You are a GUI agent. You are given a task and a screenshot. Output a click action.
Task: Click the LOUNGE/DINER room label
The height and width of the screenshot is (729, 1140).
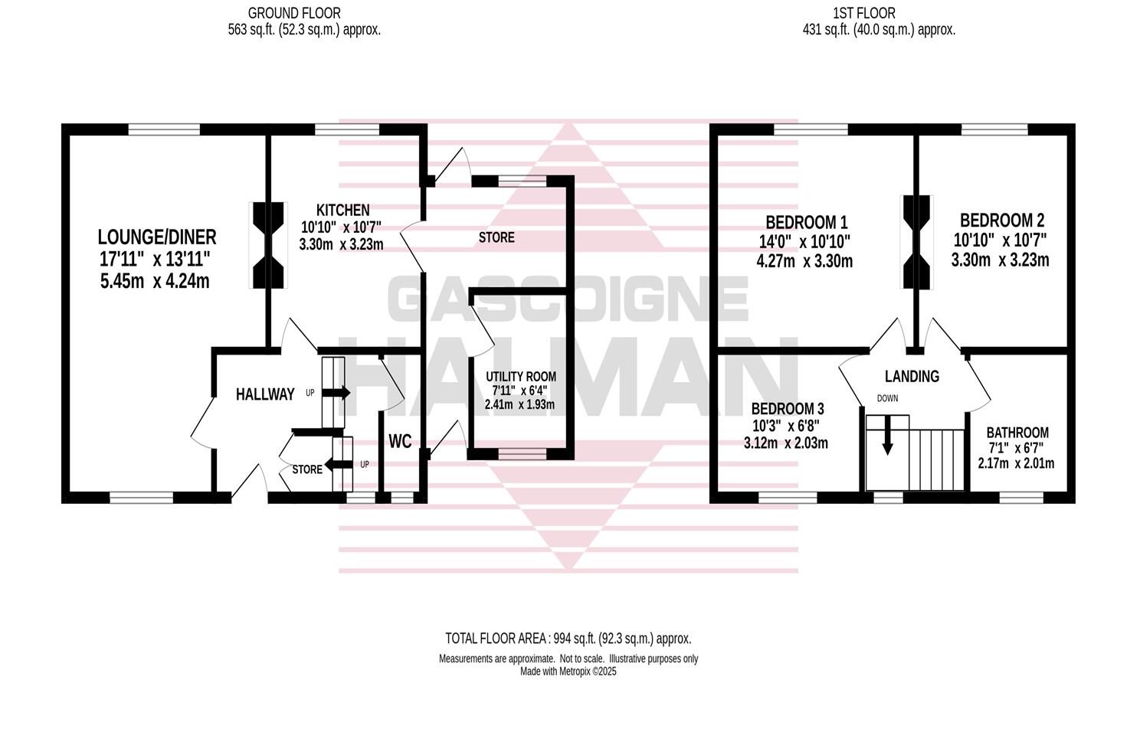click(157, 237)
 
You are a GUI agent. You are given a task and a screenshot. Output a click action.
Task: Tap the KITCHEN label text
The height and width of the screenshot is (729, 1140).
click(343, 210)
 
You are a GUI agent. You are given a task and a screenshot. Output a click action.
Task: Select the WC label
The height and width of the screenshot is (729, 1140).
click(400, 441)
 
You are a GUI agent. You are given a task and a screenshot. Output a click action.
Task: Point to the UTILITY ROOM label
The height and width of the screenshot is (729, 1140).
click(520, 377)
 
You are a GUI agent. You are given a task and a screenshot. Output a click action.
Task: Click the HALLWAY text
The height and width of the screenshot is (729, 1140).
click(265, 394)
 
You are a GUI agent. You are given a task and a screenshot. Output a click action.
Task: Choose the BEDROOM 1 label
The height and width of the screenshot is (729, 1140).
click(806, 223)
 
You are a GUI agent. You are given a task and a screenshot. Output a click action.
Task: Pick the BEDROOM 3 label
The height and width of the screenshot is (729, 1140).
click(787, 408)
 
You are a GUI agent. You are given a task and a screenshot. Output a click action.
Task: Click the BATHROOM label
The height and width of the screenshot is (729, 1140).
click(1017, 433)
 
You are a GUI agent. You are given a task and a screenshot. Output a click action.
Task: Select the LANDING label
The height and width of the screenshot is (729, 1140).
click(912, 376)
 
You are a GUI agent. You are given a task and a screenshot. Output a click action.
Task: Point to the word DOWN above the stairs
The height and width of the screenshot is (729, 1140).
click(887, 398)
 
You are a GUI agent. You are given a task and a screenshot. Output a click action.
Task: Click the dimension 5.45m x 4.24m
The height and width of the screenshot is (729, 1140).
click(155, 281)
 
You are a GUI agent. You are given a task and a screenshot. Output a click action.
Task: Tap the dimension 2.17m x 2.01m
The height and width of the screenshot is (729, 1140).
click(1016, 463)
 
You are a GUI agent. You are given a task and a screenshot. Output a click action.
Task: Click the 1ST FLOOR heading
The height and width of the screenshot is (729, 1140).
click(863, 13)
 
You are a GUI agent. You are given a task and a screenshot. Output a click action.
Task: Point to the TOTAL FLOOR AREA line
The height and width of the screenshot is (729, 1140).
click(568, 638)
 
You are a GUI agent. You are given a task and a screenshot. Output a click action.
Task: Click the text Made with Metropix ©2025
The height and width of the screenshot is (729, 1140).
click(568, 672)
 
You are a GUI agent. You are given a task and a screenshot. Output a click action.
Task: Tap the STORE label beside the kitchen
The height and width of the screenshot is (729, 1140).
click(496, 237)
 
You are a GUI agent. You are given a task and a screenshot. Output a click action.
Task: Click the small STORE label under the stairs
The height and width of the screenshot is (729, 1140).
click(307, 469)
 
